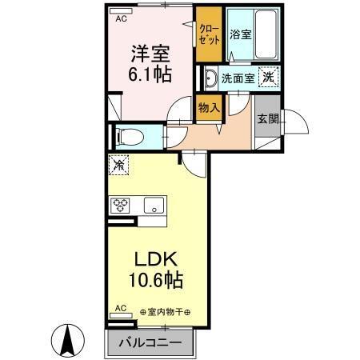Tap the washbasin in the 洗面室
tap(210, 78)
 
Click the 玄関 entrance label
tap(266, 118)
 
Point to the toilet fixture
tap(129, 137)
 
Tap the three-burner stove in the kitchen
tap(122, 205)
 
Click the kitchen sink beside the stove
tap(152, 205)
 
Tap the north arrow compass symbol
tap(67, 342)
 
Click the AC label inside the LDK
tap(121, 307)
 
